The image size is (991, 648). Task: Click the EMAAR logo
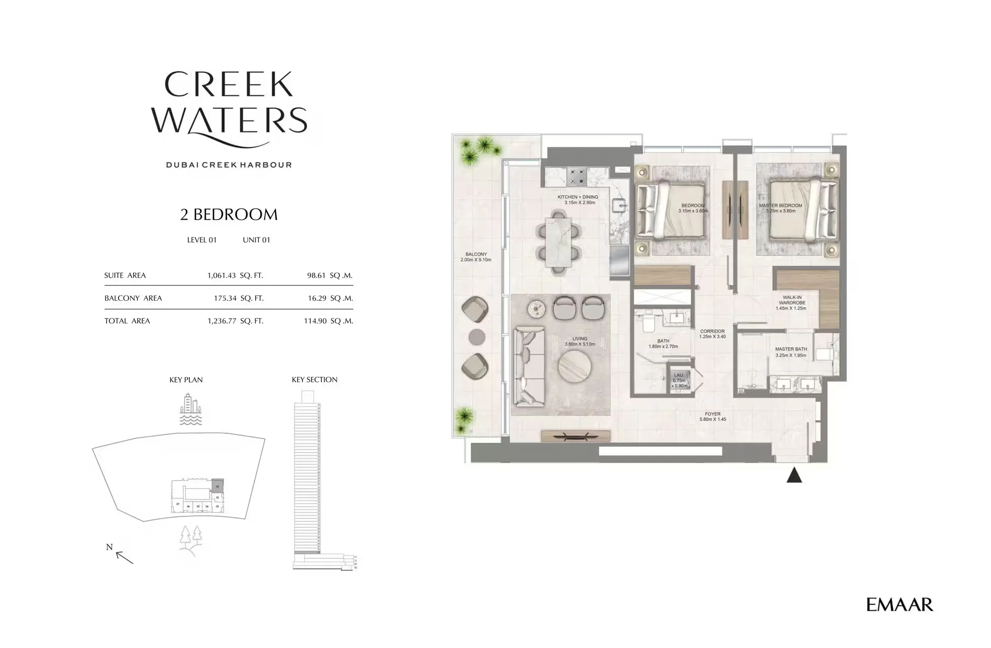[x=899, y=604]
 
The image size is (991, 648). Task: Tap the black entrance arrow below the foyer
[x=794, y=476]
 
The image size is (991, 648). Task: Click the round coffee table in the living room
[x=574, y=365]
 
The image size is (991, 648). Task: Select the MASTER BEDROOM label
[x=780, y=208]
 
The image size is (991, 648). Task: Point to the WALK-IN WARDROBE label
[x=792, y=303]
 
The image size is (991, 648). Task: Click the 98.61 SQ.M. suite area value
[x=329, y=275]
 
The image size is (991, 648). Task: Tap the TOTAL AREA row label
[x=127, y=321]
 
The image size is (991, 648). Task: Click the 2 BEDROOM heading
[x=229, y=215]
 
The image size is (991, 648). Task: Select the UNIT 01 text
[x=257, y=240]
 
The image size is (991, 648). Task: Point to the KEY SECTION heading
[x=314, y=380]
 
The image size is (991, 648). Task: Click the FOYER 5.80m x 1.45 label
[x=713, y=417]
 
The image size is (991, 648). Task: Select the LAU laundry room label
[x=679, y=380]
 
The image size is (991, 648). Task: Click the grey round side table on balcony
[x=477, y=337]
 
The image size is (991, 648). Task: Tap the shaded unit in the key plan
[x=217, y=485]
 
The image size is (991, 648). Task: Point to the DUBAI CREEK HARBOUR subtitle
[x=229, y=165]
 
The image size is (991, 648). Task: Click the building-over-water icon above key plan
[x=191, y=410]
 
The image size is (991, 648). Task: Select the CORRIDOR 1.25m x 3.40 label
[x=712, y=334]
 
